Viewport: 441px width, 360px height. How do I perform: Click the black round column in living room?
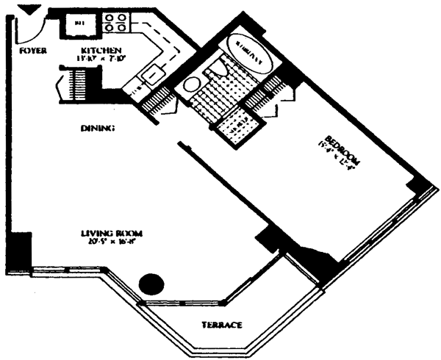tap(151, 282)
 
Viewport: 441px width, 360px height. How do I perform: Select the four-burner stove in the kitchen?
tap(114, 23)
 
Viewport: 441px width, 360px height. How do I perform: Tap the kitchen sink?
tap(154, 74)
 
